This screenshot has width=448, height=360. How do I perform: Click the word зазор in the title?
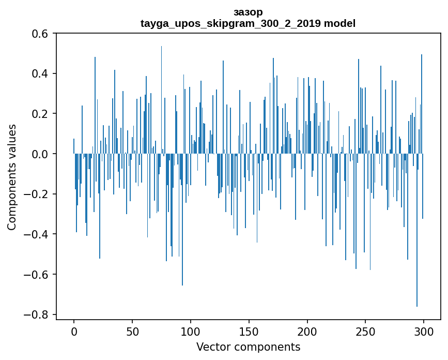(248, 12)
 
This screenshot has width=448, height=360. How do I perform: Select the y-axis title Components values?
(12, 177)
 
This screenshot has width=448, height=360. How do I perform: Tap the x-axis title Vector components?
(248, 347)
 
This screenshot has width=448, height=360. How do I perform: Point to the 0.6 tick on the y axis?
(41, 33)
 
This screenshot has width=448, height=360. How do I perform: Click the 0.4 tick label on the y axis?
(41, 73)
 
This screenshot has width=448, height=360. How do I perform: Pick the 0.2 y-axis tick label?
(41, 114)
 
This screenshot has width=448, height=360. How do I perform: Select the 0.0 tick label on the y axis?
(41, 154)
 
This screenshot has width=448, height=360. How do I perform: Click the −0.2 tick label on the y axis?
(37, 194)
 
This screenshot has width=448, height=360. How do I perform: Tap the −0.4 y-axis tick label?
(37, 234)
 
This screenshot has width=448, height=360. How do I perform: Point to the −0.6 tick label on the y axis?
(37, 274)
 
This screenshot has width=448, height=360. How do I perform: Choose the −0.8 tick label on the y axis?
(37, 314)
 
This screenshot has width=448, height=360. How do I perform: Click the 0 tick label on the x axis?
(74, 330)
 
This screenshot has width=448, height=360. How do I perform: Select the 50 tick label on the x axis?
(132, 330)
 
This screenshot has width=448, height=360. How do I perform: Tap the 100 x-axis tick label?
(191, 330)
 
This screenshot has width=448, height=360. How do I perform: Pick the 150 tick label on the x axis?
(249, 330)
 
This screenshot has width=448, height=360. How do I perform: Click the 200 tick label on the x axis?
(307, 330)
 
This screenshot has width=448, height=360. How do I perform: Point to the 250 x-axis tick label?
(365, 330)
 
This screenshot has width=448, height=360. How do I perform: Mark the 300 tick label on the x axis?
(424, 330)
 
